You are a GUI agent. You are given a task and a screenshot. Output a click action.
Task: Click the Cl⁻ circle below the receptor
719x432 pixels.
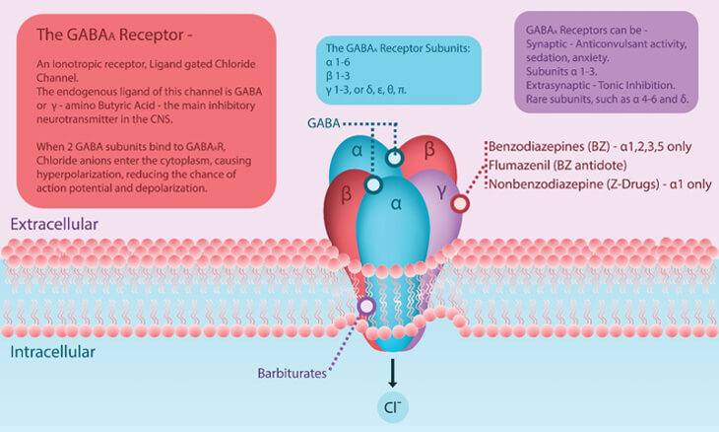392,405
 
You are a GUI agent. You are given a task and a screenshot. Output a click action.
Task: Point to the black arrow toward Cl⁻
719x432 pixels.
392,370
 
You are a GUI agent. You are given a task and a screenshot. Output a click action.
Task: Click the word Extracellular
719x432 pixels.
54,225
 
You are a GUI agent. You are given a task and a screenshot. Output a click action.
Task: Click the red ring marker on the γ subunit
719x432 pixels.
460,204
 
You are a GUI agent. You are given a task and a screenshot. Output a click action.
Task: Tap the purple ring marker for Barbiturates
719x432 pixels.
366,307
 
